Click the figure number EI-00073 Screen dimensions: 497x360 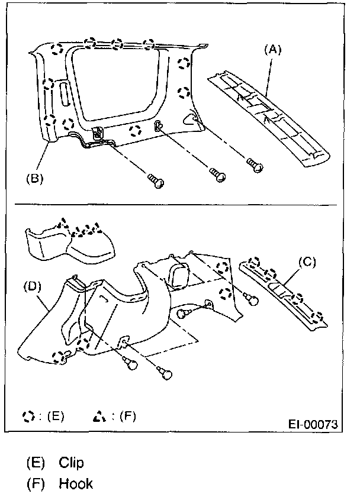[x=313, y=425]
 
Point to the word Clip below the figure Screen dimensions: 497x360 [x=71, y=462]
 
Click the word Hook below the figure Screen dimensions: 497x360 [x=75, y=484]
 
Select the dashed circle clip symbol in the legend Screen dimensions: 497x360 [x=27, y=417]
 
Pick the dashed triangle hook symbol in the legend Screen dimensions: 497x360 [x=97, y=417]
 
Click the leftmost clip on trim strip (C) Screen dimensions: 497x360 [x=254, y=262]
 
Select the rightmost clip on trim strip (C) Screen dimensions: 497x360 [x=319, y=316]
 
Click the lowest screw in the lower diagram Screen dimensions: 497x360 [x=165, y=372]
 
